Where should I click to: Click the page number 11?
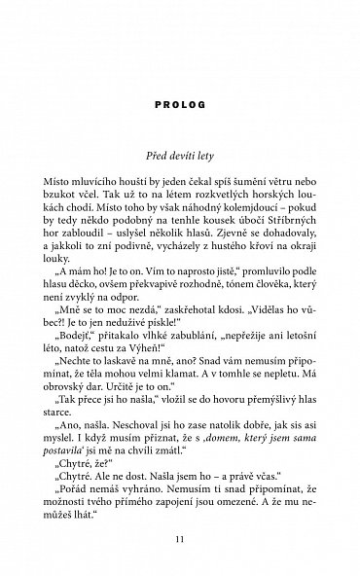(x=179, y=535)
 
